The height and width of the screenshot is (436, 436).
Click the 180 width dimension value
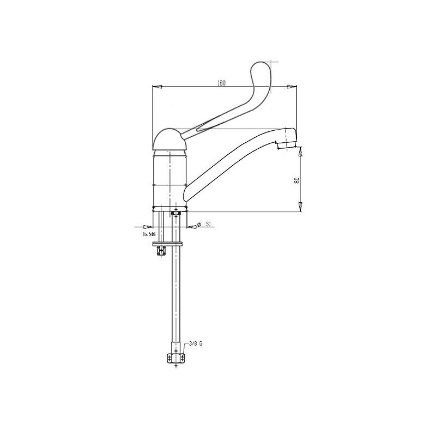221,83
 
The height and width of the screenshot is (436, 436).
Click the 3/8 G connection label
195,343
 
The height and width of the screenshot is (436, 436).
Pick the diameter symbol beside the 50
199,225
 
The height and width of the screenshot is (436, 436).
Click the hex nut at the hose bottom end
176,358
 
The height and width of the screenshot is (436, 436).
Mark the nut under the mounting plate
161,251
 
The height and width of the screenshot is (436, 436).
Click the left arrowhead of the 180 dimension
155,87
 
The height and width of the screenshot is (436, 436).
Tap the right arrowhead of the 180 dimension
293,87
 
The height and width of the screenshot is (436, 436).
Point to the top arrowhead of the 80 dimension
300,152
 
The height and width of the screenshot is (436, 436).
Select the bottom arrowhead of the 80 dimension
300,205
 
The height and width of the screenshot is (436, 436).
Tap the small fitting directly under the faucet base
176,214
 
